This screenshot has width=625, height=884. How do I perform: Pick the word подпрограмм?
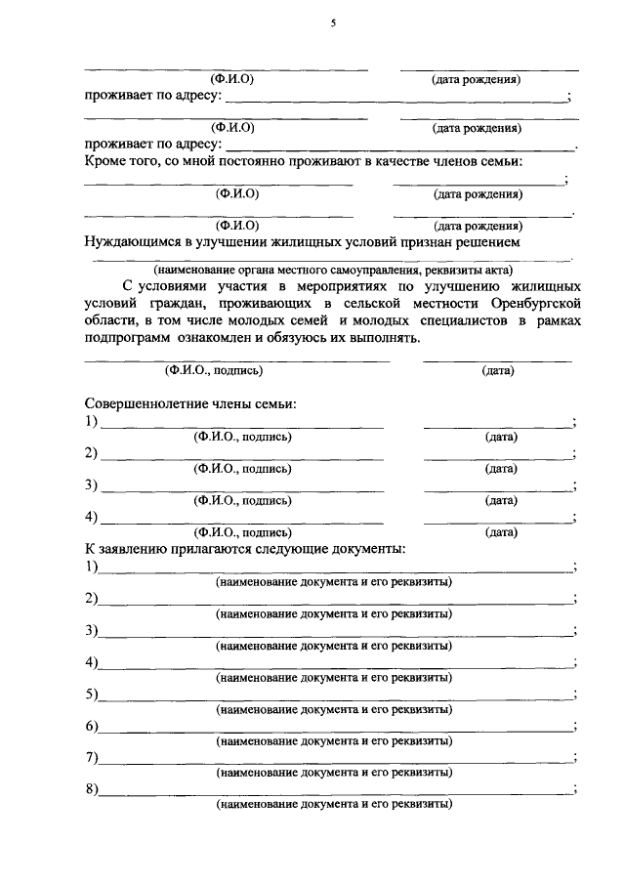pyautogui.click(x=128, y=338)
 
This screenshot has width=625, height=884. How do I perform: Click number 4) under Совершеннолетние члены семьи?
pyautogui.click(x=91, y=516)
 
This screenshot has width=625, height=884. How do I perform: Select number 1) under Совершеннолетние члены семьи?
pyautogui.click(x=91, y=421)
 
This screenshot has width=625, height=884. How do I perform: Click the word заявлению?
pyautogui.click(x=136, y=549)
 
